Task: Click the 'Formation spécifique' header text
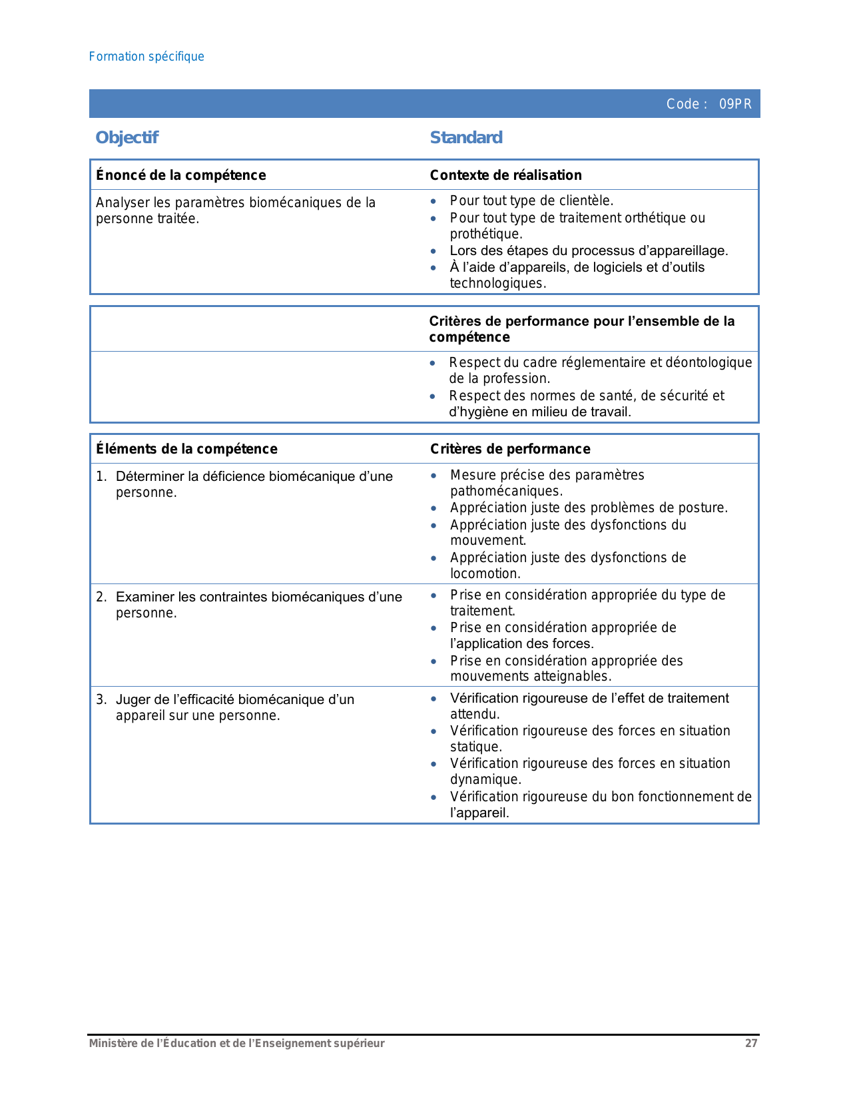click(146, 57)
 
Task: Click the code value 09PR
click(735, 104)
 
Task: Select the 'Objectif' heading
click(127, 138)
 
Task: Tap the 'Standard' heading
click(466, 138)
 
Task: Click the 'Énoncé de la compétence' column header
click(181, 175)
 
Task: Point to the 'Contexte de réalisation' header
click(505, 175)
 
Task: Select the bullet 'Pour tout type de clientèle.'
click(531, 200)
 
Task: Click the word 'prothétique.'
click(486, 234)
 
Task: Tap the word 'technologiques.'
click(497, 283)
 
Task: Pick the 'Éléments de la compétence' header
click(186, 449)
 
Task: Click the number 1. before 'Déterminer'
click(101, 476)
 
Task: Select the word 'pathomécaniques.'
click(506, 491)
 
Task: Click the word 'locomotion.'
click(485, 573)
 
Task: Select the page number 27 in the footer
click(751, 1043)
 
